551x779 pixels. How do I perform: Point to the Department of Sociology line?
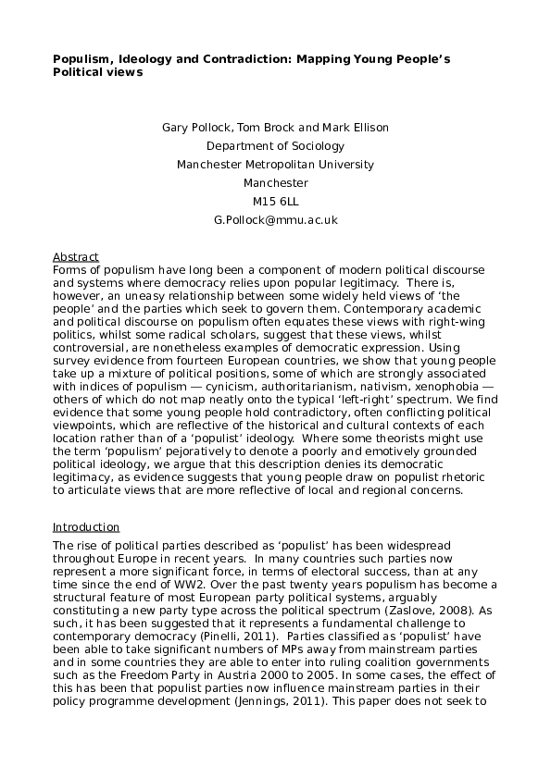point(275,145)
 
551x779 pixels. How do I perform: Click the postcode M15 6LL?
point(275,201)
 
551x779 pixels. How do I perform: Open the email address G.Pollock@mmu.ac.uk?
point(275,219)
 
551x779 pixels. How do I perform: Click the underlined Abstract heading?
point(75,256)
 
